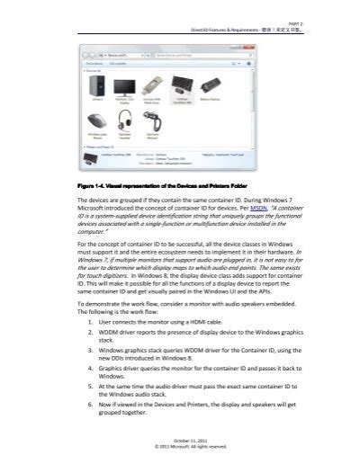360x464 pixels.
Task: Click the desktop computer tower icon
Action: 98,87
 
